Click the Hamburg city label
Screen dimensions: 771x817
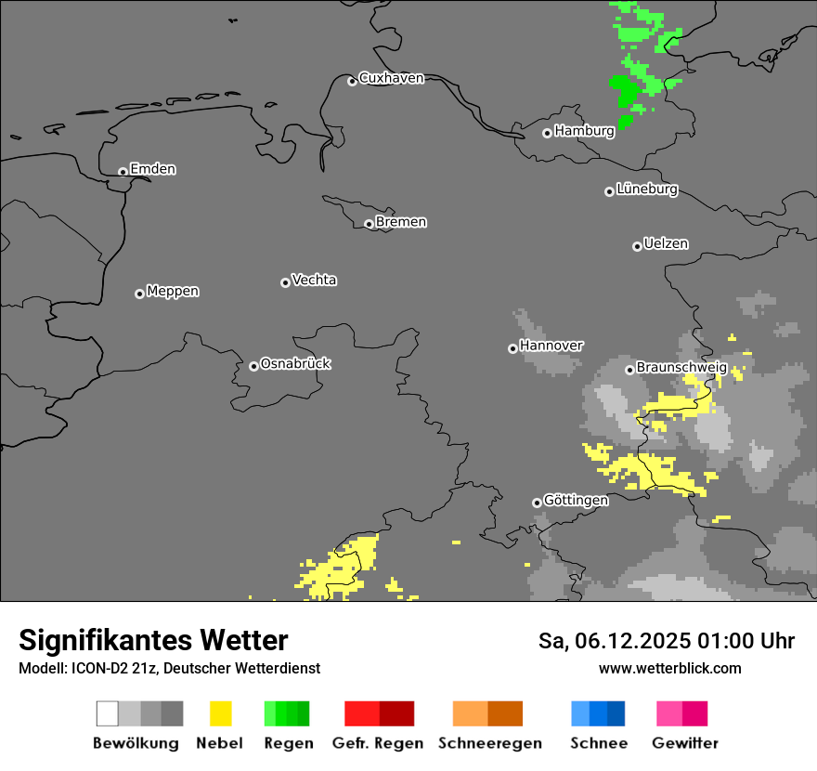coord(584,131)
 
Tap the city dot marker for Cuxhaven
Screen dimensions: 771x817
coord(352,81)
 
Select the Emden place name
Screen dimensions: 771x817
coord(152,169)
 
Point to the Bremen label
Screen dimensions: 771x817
coord(401,222)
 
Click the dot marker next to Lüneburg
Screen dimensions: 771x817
coord(609,191)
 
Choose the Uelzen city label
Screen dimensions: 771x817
coord(666,243)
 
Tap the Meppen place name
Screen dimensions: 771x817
coord(173,291)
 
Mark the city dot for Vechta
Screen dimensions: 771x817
coord(285,282)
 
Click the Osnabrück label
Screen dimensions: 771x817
coord(295,363)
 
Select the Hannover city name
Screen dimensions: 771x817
coord(551,346)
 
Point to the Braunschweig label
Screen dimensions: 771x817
coord(681,368)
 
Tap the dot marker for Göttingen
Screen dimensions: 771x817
coord(537,503)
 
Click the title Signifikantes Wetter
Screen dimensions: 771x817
coord(153,641)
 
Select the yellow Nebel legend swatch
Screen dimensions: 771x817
coord(220,713)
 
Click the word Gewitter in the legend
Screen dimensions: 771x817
coord(685,743)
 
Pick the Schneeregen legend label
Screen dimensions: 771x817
coord(490,743)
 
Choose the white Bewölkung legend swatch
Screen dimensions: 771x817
coord(108,713)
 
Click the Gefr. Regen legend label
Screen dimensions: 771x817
coord(377,743)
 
